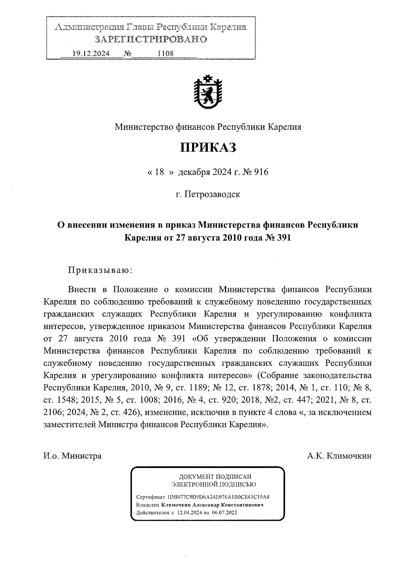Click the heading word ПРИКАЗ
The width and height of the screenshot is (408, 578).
[x=207, y=148]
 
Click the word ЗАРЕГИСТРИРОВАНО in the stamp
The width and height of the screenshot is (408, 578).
[x=151, y=40]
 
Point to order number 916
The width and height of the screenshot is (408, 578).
[x=261, y=172]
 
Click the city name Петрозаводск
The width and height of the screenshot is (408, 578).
[x=212, y=194]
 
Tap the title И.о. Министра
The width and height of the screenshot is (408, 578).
[x=72, y=456]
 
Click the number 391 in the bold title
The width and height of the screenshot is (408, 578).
[x=283, y=238]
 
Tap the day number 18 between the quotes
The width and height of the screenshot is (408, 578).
[x=159, y=172]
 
